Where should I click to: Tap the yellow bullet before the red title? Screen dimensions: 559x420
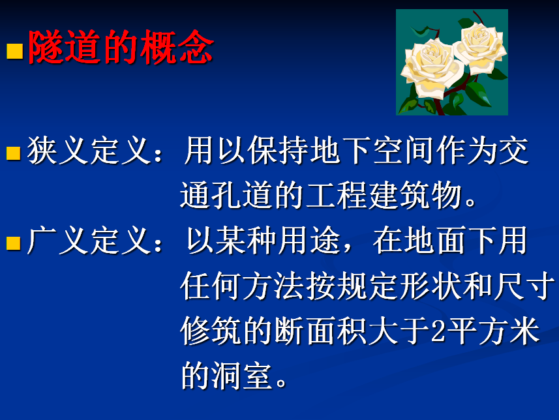pyautogui.click(x=14, y=51)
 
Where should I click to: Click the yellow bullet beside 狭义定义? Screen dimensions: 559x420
pyautogui.click(x=14, y=153)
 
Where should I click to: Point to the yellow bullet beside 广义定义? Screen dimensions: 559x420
pyautogui.click(x=14, y=243)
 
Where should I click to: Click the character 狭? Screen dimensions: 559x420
pyautogui.click(x=42, y=151)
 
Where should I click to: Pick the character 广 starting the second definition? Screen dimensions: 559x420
pyautogui.click(x=42, y=241)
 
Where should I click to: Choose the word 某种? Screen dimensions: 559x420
pyautogui.click(x=247, y=240)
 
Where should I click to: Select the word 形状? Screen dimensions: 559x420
pyautogui.click(x=431, y=286)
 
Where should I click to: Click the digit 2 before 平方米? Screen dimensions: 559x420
pyautogui.click(x=438, y=331)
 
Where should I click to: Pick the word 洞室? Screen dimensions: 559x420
pyautogui.click(x=242, y=376)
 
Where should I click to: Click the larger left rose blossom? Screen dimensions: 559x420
pyautogui.click(x=432, y=68)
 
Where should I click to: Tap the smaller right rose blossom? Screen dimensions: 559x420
pyautogui.click(x=480, y=46)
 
